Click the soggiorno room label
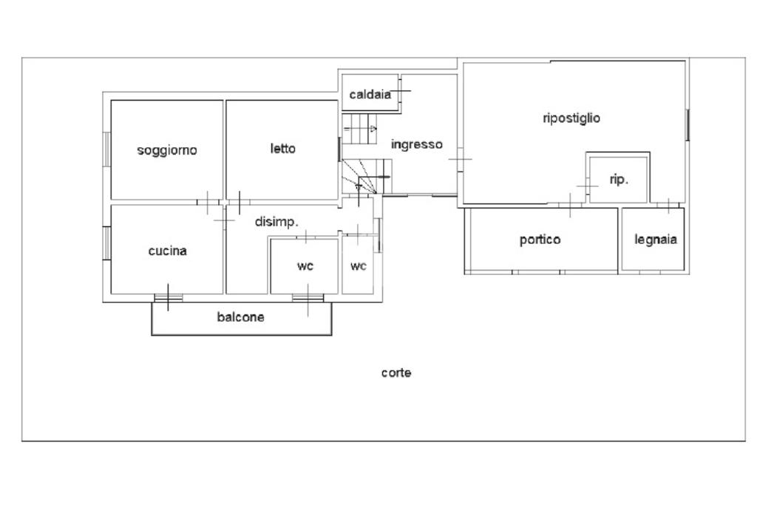(167, 150)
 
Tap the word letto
(282, 149)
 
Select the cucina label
(167, 251)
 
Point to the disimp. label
(276, 221)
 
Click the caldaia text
(370, 94)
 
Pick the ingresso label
(416, 144)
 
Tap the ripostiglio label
(571, 118)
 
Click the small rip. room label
(619, 179)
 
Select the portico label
(540, 240)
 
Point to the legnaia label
(656, 240)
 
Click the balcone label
(240, 317)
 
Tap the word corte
(396, 373)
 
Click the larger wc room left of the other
(305, 266)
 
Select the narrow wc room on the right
(359, 266)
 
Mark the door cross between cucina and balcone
(168, 297)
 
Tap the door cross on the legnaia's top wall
(668, 205)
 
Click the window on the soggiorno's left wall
(107, 149)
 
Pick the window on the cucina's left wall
(107, 243)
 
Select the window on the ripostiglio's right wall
(688, 124)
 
